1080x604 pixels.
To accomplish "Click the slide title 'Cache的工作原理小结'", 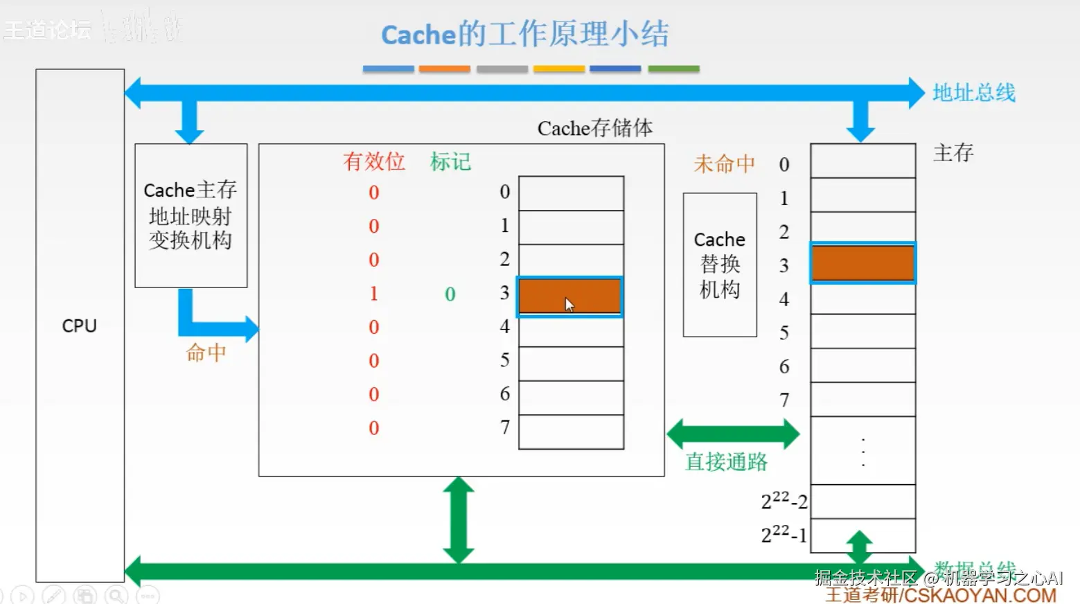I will point(524,34).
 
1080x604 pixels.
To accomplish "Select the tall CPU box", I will point(80,326).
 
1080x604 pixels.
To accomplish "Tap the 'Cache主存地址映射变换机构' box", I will point(191,215).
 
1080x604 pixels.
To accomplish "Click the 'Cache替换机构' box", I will point(720,265).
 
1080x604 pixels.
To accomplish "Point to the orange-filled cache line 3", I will point(570,296).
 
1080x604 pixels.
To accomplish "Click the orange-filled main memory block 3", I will point(862,263).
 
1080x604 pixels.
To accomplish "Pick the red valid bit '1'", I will point(373,294).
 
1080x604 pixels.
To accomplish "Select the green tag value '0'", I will point(450,294).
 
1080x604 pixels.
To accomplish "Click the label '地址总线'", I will point(973,93).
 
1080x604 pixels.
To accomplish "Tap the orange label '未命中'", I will point(724,164).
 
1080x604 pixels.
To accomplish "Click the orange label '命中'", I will point(206,353).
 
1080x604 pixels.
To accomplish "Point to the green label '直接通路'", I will point(726,462).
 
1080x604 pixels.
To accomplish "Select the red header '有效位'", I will point(373,162).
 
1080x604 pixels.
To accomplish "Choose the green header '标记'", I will point(450,162).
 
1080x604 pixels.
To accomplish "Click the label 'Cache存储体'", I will point(594,128).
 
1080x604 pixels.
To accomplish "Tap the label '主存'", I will point(953,152).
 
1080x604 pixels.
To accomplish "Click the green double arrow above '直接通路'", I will point(733,434).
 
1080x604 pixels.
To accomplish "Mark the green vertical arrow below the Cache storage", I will point(459,519).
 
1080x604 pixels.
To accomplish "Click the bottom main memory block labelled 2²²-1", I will point(862,535).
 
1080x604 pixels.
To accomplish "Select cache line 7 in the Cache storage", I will point(571,432).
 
